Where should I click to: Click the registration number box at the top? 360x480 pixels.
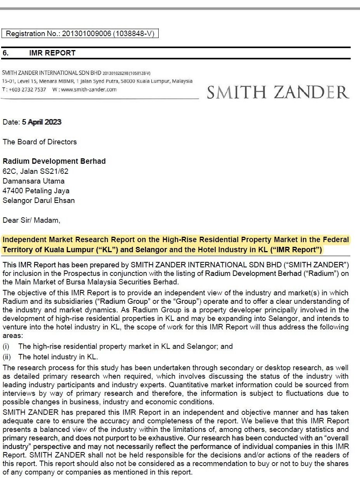[80, 34]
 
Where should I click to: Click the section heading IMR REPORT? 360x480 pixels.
[52, 53]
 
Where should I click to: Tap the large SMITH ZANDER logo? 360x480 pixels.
[278, 92]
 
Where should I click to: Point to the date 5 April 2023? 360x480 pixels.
[42, 122]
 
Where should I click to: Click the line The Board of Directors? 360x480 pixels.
[40, 142]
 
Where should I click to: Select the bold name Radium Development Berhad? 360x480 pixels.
[54, 161]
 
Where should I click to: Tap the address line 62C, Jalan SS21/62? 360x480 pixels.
[35, 171]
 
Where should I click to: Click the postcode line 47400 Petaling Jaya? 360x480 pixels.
[36, 191]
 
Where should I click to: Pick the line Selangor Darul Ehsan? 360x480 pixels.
[39, 201]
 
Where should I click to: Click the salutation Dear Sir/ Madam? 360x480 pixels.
[31, 220]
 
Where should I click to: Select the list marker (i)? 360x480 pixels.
[6, 346]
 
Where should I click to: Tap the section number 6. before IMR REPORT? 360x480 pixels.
[6, 53]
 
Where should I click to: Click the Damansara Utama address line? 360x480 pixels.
[34, 181]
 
